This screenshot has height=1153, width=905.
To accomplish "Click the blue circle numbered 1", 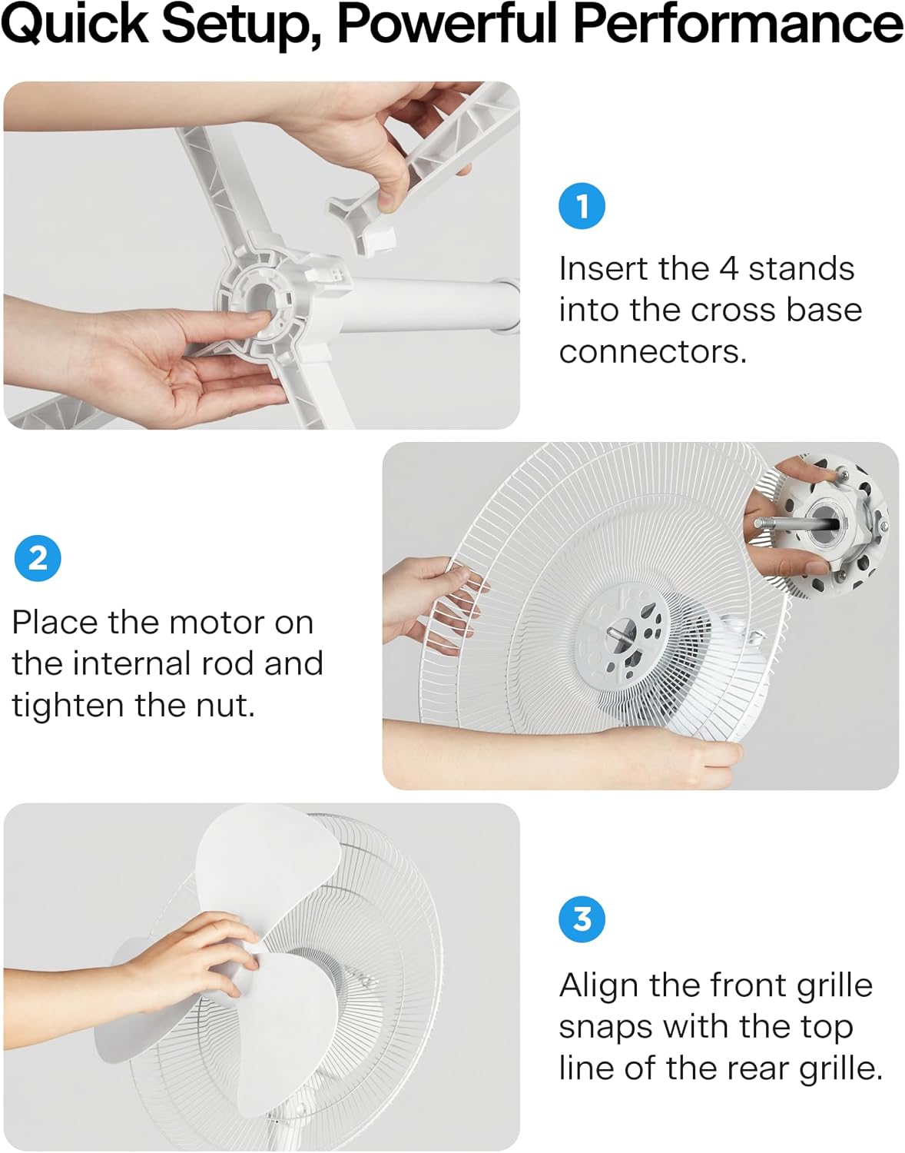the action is pos(582,206).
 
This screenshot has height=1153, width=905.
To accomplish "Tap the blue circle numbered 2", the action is pos(38,558).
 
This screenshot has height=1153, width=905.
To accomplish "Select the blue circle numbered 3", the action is pos(582,919).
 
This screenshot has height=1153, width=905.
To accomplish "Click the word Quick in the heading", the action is pos(75,24).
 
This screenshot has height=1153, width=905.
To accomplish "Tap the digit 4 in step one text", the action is pos(729,268).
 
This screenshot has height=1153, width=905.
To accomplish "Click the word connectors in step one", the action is pos(653,352).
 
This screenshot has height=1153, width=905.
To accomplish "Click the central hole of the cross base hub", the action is pos(261,301).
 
